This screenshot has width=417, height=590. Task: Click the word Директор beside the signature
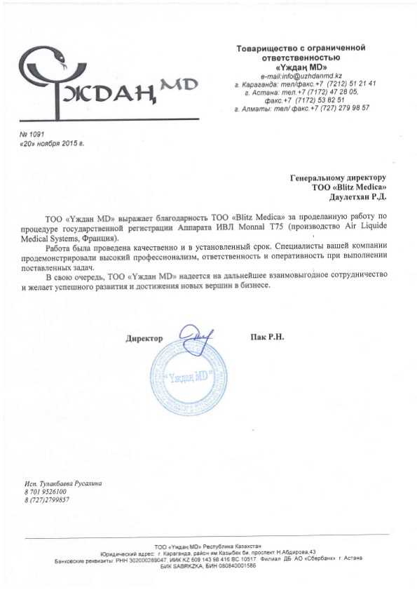144,338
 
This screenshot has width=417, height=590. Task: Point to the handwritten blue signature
194,340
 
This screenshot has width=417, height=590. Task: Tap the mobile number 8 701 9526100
47,492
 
